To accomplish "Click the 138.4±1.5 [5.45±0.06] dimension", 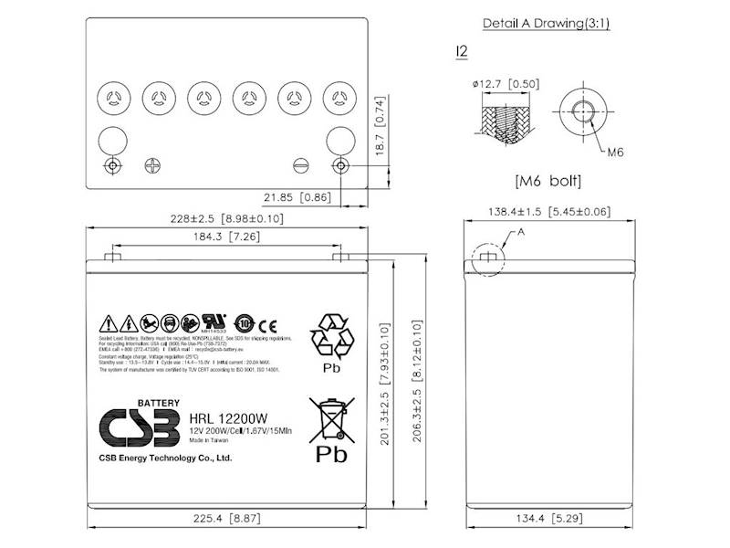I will [550, 212].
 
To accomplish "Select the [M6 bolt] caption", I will [547, 179].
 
